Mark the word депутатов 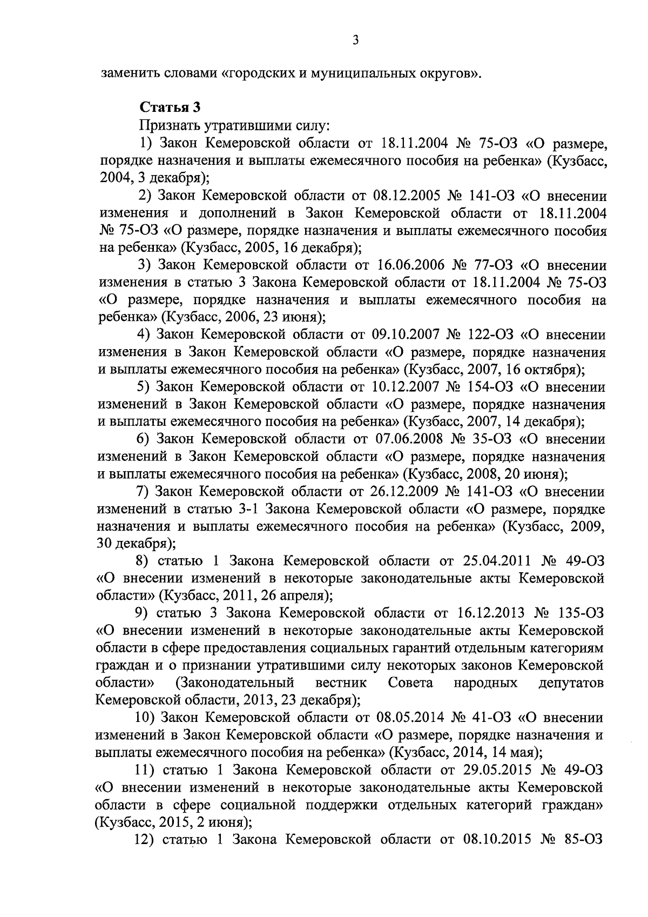point(571,683)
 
